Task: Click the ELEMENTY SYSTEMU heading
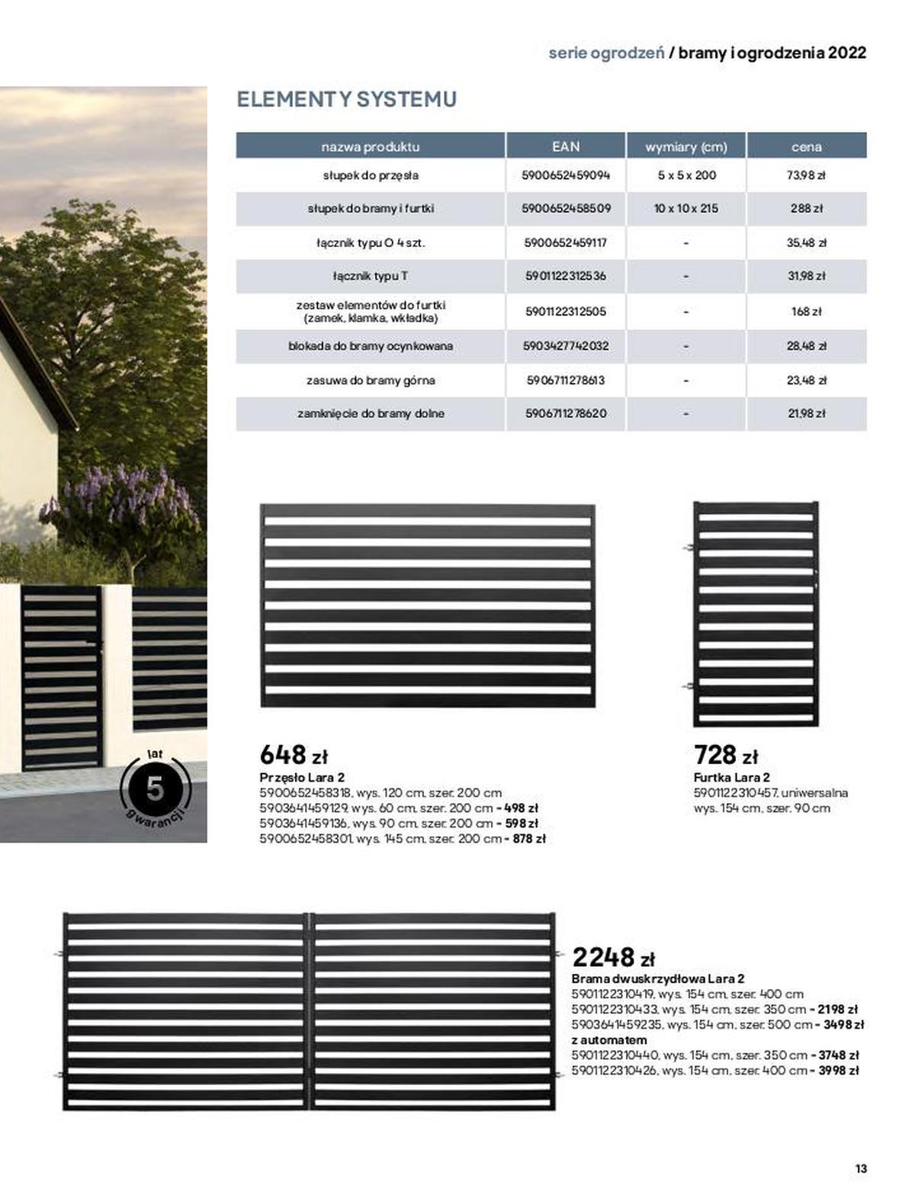346,99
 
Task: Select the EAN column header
565,146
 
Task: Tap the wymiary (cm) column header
685,146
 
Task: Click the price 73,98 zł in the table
806,175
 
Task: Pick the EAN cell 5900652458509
566,208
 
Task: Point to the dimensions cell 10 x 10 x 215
685,208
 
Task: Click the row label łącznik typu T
370,276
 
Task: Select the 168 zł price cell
806,311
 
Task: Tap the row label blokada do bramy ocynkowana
371,346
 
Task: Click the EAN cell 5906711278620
566,413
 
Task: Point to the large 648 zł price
294,755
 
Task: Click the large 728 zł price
726,755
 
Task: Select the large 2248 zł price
613,957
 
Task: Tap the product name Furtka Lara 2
731,778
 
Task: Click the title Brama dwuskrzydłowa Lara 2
657,978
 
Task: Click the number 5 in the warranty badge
155,788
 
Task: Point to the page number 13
861,1168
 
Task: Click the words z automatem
608,1040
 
